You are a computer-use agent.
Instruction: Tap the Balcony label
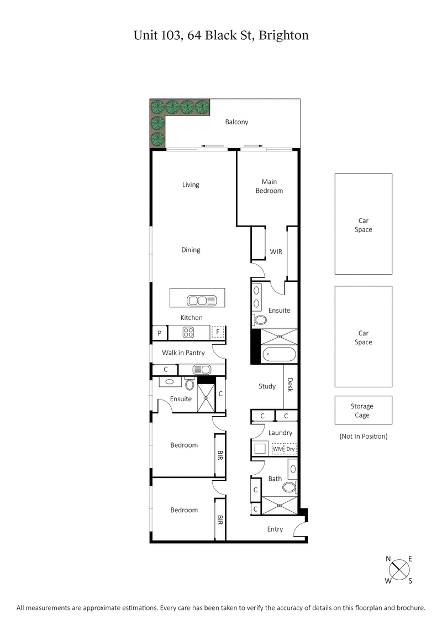236,122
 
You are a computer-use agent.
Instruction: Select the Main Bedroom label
269,186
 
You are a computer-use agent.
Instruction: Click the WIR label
276,252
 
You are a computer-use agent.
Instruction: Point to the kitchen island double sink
198,301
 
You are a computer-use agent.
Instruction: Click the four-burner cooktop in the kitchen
188,333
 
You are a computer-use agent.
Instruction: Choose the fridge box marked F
218,333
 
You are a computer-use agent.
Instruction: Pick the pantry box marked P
160,333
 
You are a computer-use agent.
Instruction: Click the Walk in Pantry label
183,353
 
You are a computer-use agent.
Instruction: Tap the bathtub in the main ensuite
279,354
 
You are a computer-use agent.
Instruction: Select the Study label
267,386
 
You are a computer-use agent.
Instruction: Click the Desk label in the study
290,385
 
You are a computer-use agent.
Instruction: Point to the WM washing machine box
277,449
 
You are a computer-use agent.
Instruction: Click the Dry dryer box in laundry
291,449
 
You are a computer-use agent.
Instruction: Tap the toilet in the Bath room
288,487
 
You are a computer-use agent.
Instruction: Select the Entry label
275,529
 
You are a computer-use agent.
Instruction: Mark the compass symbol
399,569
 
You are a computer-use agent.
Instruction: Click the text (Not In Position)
363,437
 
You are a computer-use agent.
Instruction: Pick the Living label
191,185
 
